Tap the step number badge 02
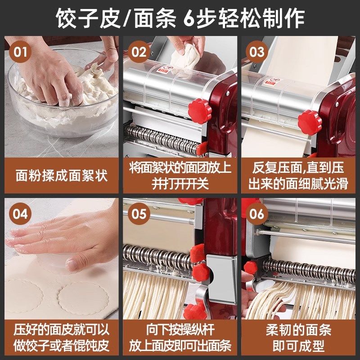(x=139, y=51)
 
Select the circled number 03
(x=257, y=51)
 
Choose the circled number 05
(x=139, y=213)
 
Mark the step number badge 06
(x=257, y=213)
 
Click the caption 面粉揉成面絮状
(x=62, y=175)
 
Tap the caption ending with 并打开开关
(x=180, y=175)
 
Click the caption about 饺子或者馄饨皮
(x=62, y=337)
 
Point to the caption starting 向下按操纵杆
(x=180, y=337)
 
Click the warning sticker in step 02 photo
(x=163, y=70)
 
